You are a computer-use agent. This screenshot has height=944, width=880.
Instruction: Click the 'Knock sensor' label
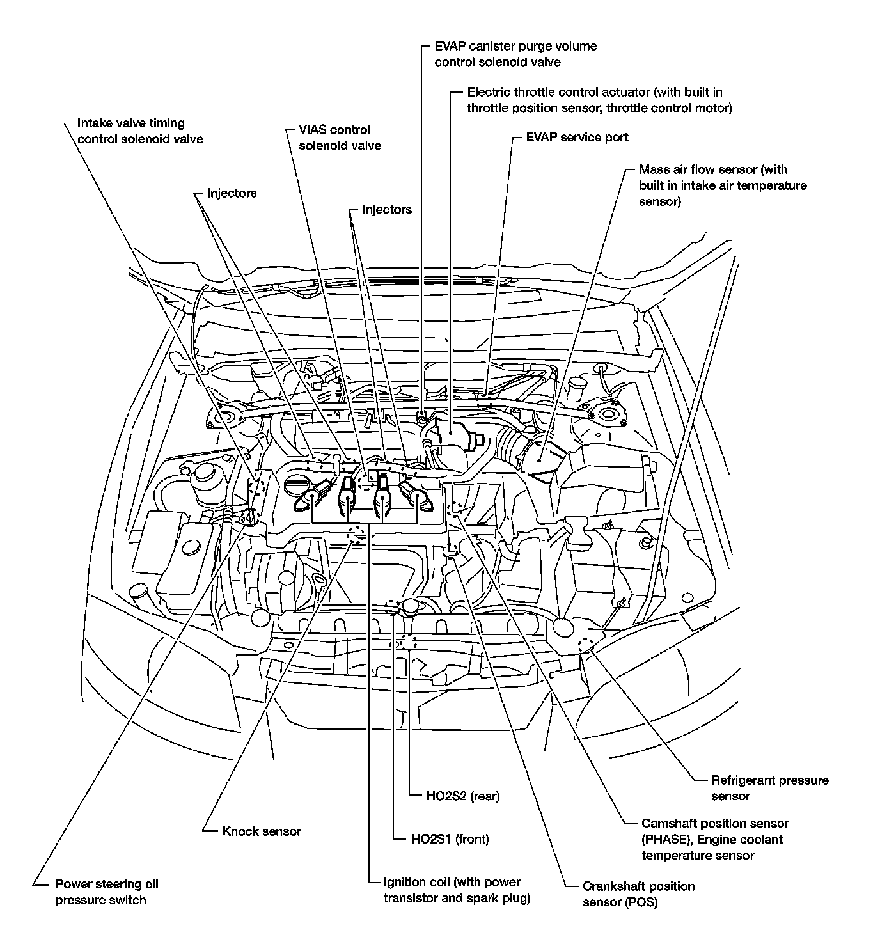(x=262, y=831)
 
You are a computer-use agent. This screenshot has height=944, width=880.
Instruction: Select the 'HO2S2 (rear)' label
(x=462, y=796)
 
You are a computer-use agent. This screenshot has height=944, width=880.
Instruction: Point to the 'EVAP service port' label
(x=577, y=138)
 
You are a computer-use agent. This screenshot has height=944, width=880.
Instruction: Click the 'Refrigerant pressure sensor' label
(x=769, y=788)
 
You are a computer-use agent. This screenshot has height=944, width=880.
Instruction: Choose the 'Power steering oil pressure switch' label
(x=106, y=892)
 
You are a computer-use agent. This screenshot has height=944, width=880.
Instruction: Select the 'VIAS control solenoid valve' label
(x=340, y=138)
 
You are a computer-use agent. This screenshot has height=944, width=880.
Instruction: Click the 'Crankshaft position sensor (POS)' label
(x=638, y=894)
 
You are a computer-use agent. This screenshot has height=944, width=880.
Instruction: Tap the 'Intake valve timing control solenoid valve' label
(x=140, y=131)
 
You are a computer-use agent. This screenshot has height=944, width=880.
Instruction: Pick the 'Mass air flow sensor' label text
(x=712, y=170)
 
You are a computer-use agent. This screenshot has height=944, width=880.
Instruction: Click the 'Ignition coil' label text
(x=452, y=883)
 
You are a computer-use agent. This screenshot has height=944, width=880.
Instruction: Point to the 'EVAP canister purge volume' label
(x=515, y=47)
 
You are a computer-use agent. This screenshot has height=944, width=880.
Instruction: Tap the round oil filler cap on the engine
(x=296, y=486)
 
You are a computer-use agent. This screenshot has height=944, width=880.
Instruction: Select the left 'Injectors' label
(x=232, y=193)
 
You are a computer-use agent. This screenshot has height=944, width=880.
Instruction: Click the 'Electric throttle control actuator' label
(x=595, y=93)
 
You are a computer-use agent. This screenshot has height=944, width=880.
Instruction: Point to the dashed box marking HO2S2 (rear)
(x=407, y=641)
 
